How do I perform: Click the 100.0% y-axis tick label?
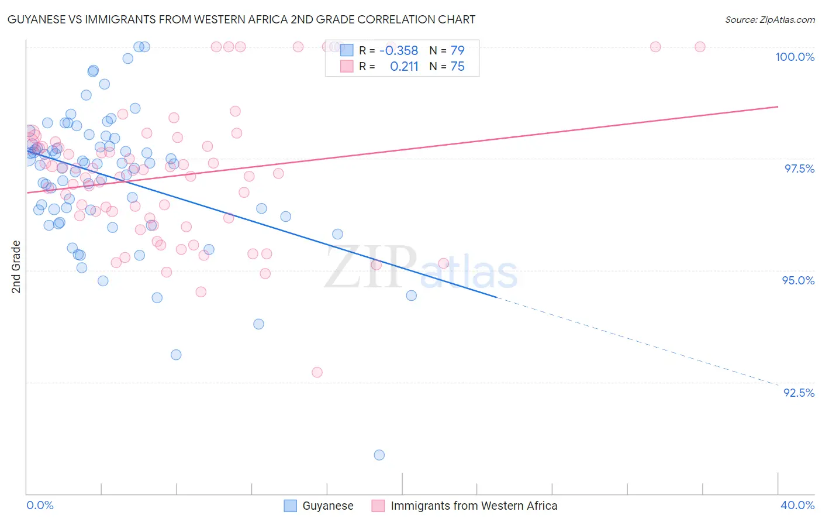[x=795, y=57]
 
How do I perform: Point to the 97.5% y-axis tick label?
[x=799, y=169]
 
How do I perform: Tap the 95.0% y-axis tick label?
[x=798, y=280]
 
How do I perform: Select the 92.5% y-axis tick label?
[x=799, y=393]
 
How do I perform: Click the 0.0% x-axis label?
[x=40, y=505]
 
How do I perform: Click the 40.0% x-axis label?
[x=797, y=505]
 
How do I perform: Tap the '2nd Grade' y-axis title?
[x=16, y=267]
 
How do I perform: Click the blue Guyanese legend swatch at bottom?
[x=291, y=506]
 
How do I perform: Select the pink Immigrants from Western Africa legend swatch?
[x=378, y=506]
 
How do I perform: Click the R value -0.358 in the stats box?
[x=399, y=51]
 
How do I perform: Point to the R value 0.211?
[x=404, y=67]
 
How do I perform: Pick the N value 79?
[x=457, y=51]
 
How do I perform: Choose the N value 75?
[x=457, y=67]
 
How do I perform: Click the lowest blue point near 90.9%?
[x=379, y=455]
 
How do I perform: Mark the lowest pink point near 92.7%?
[x=317, y=372]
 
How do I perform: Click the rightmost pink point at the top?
[x=700, y=47]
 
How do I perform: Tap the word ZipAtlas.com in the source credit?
[x=786, y=20]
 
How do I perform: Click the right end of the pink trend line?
[x=778, y=107]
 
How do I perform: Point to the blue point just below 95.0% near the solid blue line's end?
[x=412, y=296]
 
